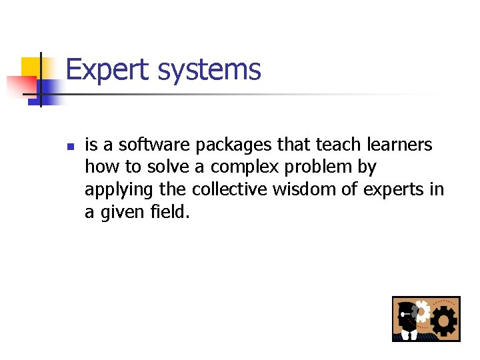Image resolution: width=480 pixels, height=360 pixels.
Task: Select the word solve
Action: (167, 167)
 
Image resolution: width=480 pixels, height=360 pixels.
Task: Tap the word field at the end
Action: (171, 212)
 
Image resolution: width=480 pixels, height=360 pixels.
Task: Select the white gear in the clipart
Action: (421, 310)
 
